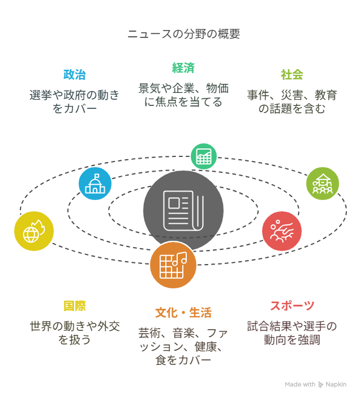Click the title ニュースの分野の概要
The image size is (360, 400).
tap(183, 34)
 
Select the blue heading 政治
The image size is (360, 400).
tap(74, 74)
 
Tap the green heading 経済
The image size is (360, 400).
tap(183, 68)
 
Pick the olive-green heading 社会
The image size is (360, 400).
tap(292, 74)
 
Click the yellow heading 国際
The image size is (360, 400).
tap(74, 305)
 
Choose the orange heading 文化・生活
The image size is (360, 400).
tap(183, 313)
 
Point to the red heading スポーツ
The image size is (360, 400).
tap(292, 305)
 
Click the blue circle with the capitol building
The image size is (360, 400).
tap(95, 184)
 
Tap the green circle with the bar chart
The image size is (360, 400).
tap(204, 156)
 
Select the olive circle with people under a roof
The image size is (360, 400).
tap(323, 184)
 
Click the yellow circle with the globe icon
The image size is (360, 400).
tap(34, 231)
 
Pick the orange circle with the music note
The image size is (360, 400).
tap(173, 265)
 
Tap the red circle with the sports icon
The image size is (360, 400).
tap(282, 231)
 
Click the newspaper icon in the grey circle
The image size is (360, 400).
tap(183, 211)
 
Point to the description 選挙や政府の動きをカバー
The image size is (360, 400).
tap(74, 102)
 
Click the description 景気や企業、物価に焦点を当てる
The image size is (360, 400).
tap(183, 95)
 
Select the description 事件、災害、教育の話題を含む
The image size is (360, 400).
tap(292, 102)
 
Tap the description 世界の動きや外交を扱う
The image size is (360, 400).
tap(74, 333)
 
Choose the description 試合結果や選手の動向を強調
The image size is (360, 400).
tap(292, 333)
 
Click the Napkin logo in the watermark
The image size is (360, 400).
tap(321, 385)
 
